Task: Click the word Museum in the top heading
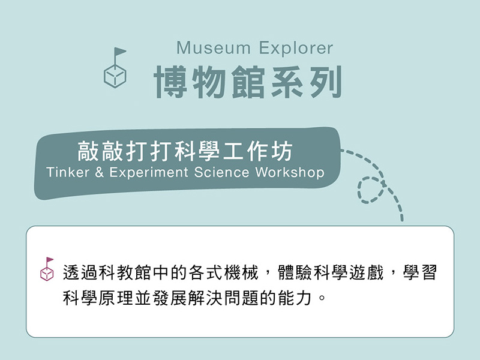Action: (214, 48)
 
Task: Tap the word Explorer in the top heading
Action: (296, 49)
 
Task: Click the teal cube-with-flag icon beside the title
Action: (115, 68)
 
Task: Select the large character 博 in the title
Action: (170, 82)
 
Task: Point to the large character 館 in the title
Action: (248, 82)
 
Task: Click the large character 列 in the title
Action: (326, 82)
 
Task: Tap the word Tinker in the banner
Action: (68, 172)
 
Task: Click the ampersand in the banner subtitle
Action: (99, 172)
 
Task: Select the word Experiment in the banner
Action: (149, 173)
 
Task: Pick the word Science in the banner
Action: (221, 172)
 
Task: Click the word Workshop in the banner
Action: (290, 173)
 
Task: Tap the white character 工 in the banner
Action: (233, 151)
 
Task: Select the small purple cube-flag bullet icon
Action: (47, 269)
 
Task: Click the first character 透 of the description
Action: (71, 272)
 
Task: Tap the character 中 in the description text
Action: (161, 272)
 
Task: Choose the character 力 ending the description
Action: (304, 298)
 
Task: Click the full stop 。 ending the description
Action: (322, 298)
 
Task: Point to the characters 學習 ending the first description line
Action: (419, 272)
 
